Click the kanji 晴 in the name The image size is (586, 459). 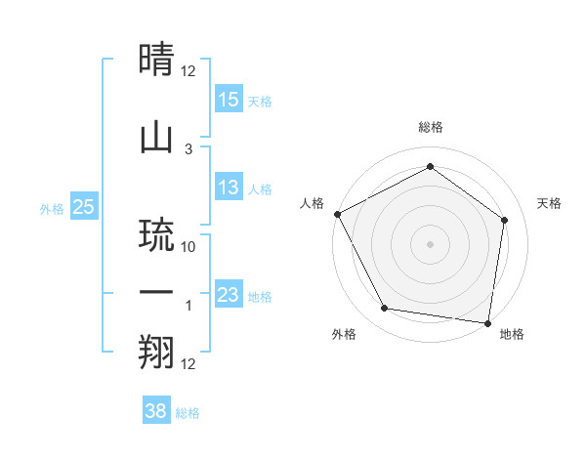[158, 61]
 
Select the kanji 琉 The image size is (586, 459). [158, 233]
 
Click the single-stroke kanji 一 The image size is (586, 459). [158, 293]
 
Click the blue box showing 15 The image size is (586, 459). [229, 100]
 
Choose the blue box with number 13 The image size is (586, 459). [229, 188]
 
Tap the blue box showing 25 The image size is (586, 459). [83, 206]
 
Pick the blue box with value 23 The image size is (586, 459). [229, 295]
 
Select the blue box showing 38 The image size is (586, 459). [156, 411]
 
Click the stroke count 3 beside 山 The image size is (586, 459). [188, 149]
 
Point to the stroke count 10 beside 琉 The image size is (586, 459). [189, 247]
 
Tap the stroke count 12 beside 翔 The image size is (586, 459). [189, 364]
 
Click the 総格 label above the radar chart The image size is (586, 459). [431, 127]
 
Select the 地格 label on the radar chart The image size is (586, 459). [512, 334]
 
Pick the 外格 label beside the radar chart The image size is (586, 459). [344, 334]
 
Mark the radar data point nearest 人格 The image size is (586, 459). [337, 214]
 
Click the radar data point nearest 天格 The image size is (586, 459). [504, 220]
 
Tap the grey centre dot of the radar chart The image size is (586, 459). [430, 243]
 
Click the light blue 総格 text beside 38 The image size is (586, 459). [188, 413]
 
